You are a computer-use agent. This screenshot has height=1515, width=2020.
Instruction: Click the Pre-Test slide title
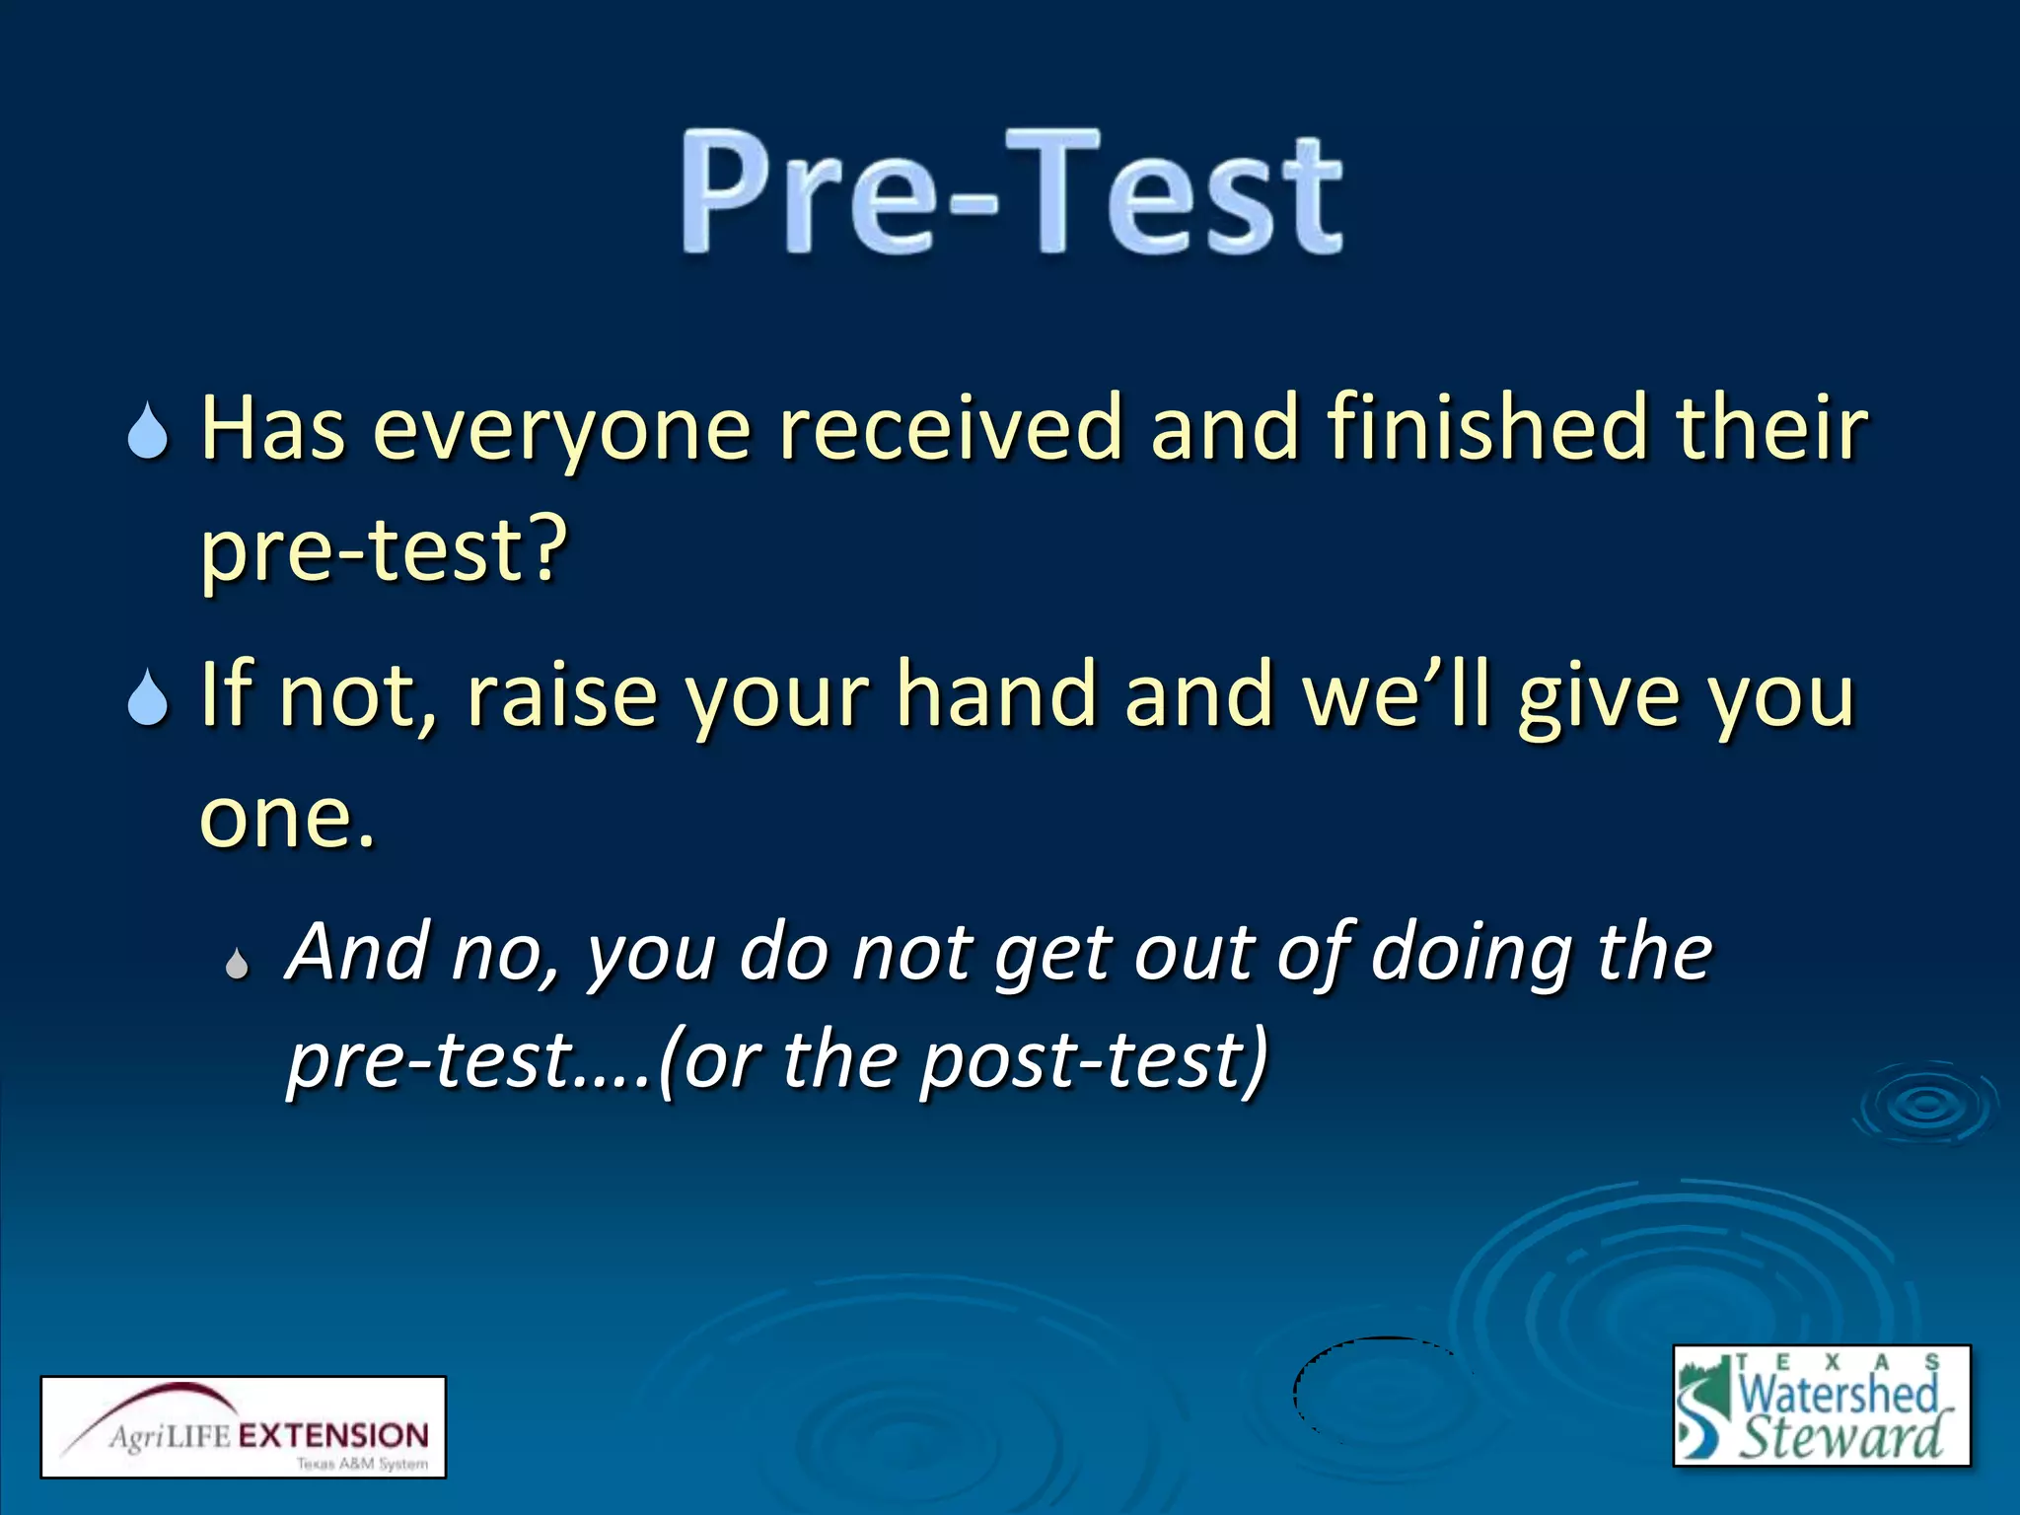(x=1012, y=192)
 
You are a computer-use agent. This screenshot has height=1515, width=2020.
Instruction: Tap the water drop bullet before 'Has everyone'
(x=148, y=432)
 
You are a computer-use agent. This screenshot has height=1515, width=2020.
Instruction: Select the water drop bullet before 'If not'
(x=148, y=698)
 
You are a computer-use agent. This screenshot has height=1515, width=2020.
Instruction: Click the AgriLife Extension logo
(x=243, y=1426)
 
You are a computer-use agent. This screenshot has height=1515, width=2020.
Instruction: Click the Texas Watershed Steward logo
(x=1821, y=1405)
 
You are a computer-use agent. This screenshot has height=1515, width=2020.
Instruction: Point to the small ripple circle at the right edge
(x=1924, y=1105)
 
